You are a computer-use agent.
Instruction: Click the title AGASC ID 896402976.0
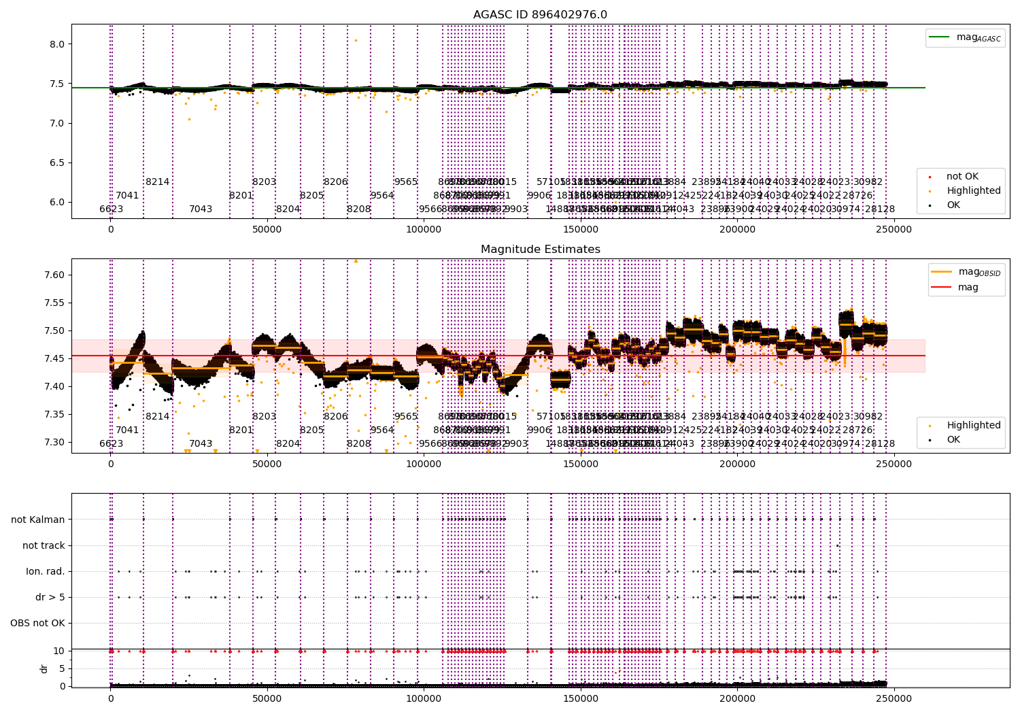(540, 15)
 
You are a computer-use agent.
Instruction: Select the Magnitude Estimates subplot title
(540, 250)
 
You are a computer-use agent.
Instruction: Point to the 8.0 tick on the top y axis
(56, 44)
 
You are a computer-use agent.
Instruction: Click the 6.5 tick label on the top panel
(56, 163)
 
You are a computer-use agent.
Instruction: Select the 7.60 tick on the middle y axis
(54, 275)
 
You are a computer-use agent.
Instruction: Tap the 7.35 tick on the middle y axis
(54, 414)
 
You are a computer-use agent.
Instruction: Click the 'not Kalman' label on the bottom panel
(38, 520)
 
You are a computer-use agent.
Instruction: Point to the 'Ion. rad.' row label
(46, 571)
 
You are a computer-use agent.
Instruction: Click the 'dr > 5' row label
(50, 597)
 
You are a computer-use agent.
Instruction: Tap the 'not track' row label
(44, 545)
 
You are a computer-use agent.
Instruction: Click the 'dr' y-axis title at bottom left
(44, 668)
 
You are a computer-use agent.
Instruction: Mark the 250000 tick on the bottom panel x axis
(894, 698)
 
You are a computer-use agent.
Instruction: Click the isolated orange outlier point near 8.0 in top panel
(355, 40)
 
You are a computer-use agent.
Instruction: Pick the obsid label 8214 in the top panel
(157, 182)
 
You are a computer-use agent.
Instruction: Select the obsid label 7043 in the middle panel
(201, 443)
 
